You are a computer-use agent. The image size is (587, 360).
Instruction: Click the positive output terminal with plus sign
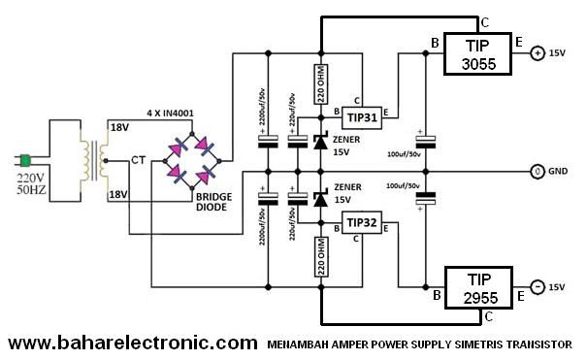[537, 54]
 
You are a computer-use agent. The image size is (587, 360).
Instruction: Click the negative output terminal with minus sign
[537, 287]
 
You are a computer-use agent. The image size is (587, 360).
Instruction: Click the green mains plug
[29, 161]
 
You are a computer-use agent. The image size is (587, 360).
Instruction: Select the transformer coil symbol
[97, 160]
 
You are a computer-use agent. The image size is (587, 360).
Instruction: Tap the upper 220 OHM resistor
[320, 84]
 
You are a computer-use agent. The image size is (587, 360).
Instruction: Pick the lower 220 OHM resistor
[320, 256]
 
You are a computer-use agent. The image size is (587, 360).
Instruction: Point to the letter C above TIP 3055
[484, 21]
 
